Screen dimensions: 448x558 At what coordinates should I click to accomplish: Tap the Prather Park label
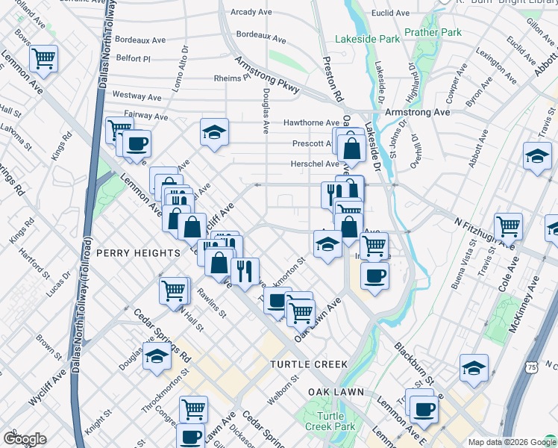pos(433,34)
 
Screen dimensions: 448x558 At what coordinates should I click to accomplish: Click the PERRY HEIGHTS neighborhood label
pos(137,253)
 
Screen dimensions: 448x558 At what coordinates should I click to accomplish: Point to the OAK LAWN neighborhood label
pos(336,392)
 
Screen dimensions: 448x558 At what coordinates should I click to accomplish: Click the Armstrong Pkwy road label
pos(267,75)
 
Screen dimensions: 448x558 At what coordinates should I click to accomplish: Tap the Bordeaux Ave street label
pos(260,34)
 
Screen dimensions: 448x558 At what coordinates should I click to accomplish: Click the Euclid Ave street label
pos(392,13)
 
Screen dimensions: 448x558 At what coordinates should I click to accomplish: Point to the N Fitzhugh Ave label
pos(485,232)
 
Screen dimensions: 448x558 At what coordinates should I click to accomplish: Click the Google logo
pos(25,439)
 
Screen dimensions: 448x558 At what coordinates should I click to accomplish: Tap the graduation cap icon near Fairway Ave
pos(214,132)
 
